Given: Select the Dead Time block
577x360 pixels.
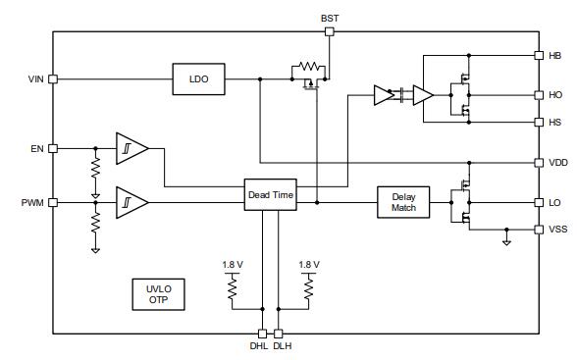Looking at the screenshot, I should tap(269, 195).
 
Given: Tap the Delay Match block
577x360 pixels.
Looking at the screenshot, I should tap(403, 202).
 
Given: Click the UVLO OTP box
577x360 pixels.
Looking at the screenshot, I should tap(158, 294).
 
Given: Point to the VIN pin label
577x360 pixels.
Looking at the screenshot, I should tap(36, 79).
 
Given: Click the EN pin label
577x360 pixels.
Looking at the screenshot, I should tap(37, 149).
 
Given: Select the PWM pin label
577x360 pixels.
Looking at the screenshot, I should tap(33, 203).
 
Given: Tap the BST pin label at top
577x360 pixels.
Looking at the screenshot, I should tap(330, 18).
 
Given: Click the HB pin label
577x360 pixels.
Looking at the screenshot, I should tap(555, 56).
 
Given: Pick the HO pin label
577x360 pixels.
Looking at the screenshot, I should tap(555, 95).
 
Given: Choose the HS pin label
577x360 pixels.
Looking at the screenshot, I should tap(555, 123).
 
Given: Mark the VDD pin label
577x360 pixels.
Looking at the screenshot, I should tap(557, 163).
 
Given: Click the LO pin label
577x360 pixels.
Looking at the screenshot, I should tap(555, 203).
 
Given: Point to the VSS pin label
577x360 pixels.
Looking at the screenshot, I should tap(557, 230).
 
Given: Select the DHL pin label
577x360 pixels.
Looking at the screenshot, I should tap(258, 346).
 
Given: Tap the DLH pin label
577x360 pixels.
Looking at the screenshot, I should tap(283, 346).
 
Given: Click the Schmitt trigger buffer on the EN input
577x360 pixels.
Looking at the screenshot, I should tap(131, 149).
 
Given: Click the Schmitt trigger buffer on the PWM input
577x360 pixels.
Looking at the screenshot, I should tap(131, 203).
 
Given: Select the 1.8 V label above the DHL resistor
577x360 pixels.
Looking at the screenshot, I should tap(233, 265).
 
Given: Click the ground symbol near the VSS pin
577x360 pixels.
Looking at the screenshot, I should tap(506, 240).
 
